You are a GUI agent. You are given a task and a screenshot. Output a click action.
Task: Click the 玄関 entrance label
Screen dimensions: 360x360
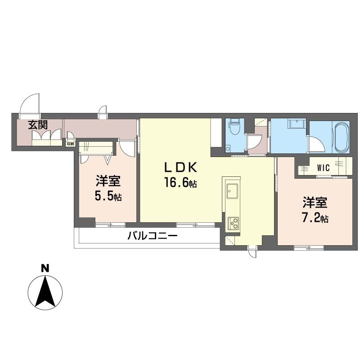coord(38,125)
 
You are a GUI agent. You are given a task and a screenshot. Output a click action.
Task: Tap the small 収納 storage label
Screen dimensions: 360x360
coord(70,144)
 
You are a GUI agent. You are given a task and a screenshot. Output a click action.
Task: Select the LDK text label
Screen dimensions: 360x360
coord(181,167)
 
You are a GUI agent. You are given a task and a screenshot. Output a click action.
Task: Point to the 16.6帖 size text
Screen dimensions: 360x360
coord(180,183)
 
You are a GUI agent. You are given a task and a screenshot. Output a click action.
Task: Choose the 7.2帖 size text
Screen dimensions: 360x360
coord(315,218)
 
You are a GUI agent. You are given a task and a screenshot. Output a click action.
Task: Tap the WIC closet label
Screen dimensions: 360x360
coord(323,168)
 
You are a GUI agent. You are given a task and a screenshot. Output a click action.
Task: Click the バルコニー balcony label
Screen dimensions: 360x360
coord(153,235)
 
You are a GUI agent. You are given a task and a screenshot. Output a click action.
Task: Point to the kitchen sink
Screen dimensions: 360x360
coord(232,190)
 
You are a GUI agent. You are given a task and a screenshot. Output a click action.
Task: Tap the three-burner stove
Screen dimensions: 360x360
coord(233,223)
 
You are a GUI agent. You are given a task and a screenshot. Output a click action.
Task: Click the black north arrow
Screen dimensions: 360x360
coord(46,291)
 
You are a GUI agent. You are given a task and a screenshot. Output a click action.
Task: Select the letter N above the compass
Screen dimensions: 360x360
coord(45,268)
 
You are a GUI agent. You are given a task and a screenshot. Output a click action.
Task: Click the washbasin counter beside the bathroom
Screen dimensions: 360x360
coord(297,124)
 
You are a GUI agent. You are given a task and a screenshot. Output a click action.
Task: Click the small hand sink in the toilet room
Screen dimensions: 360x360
coord(228,148)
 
